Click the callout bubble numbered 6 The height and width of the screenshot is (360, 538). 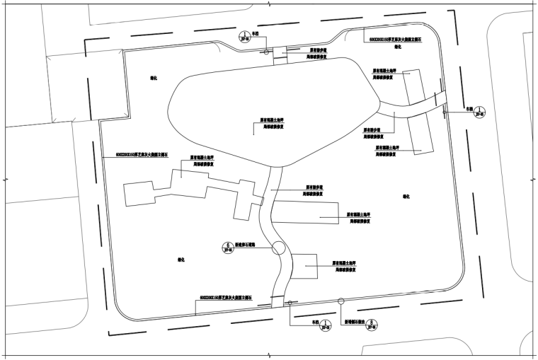(227, 248)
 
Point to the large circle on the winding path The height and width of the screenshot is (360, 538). (277, 248)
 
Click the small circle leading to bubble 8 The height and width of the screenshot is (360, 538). (340, 301)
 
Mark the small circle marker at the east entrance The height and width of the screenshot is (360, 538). (444, 112)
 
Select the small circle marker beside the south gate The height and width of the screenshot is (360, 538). (289, 304)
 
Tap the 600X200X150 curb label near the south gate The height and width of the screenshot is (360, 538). (226, 299)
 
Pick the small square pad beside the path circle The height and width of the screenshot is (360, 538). (305, 269)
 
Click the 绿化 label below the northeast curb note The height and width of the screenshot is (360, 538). (398, 48)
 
